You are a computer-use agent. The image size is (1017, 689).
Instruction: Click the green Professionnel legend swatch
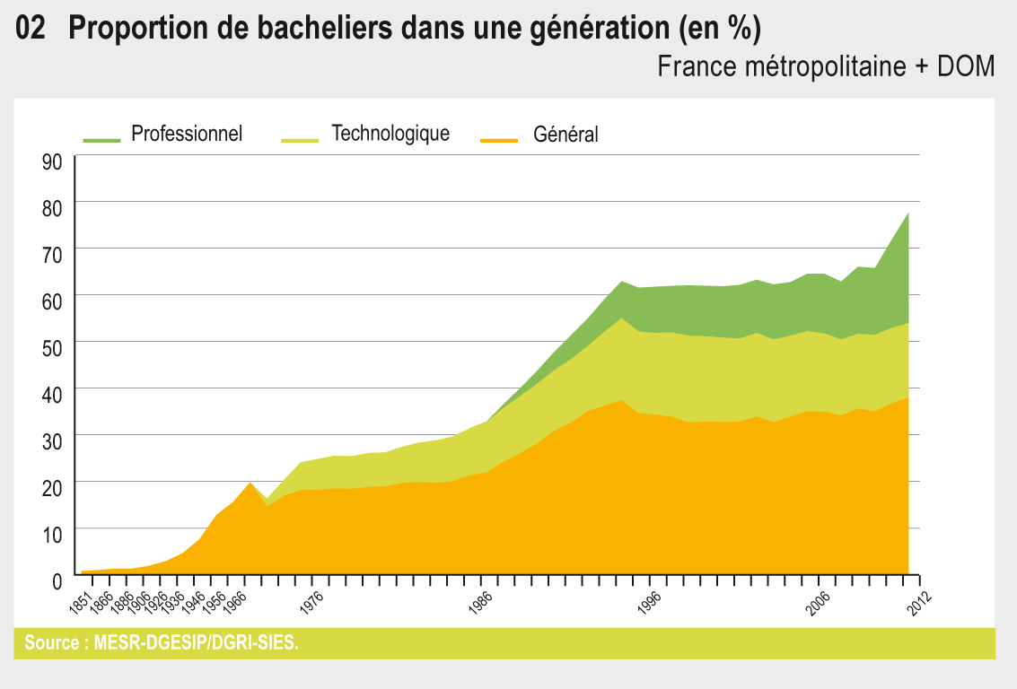tap(101, 139)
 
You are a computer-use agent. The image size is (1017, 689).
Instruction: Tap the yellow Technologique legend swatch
tap(300, 139)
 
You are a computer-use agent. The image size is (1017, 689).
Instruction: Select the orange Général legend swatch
tap(499, 139)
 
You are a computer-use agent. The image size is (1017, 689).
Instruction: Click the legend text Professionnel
tap(187, 134)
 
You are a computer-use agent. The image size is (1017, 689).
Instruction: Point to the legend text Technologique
tap(390, 134)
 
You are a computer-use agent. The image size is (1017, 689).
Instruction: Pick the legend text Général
tap(565, 135)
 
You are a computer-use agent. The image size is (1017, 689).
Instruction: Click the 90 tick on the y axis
tap(51, 161)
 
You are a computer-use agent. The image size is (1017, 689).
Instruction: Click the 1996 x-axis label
tap(649, 602)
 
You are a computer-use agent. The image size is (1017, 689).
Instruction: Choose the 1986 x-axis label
tap(480, 602)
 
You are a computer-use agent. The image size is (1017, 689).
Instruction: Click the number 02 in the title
tap(31, 30)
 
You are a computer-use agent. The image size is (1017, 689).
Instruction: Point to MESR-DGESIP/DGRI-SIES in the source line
tap(196, 643)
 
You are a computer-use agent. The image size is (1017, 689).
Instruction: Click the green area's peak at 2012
tap(908, 214)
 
